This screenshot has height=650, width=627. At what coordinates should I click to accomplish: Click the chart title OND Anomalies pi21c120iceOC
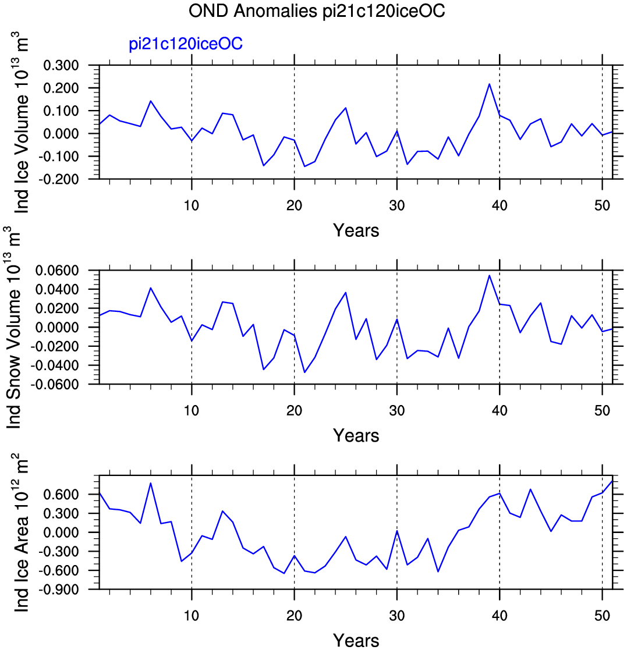click(x=317, y=10)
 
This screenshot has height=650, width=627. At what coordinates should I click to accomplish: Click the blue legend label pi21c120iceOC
click(x=185, y=44)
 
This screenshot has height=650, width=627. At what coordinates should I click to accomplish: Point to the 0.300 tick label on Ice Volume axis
click(x=61, y=66)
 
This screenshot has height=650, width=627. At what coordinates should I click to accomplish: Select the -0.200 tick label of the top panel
click(x=58, y=179)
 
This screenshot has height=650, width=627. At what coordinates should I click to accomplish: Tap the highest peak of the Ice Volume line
click(x=490, y=84)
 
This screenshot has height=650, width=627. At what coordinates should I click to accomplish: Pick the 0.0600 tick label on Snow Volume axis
click(x=57, y=271)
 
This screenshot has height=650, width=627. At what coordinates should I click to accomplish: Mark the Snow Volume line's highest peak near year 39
click(x=490, y=276)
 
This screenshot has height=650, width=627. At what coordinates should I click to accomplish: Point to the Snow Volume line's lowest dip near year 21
click(x=304, y=372)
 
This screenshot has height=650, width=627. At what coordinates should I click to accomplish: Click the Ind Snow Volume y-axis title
click(x=14, y=328)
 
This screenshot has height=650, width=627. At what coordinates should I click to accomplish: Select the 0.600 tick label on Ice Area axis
click(x=61, y=495)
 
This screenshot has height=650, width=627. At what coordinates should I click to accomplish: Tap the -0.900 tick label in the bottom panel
click(x=58, y=589)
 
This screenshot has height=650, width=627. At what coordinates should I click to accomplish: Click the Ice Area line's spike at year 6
click(x=151, y=484)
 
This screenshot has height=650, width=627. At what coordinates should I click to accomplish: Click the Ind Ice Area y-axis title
click(x=22, y=533)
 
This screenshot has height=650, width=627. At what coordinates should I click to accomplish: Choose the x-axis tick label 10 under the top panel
click(x=191, y=205)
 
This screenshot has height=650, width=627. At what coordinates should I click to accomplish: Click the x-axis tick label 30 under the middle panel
click(x=397, y=410)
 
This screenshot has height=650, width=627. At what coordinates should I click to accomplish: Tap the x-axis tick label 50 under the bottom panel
click(x=602, y=616)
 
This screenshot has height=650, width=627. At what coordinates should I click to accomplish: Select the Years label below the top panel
click(x=356, y=230)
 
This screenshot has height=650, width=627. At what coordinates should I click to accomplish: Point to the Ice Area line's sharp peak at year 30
click(x=397, y=531)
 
